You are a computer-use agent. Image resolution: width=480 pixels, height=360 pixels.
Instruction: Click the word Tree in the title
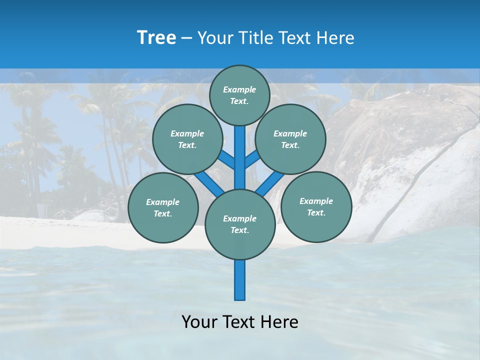point(156,38)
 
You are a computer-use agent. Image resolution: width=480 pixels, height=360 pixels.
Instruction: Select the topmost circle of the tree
point(239,95)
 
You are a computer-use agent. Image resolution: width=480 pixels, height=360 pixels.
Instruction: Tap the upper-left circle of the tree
point(187,139)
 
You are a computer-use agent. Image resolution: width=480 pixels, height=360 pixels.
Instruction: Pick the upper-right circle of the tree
point(290,139)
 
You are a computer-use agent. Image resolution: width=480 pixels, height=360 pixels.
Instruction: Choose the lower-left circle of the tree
point(163,207)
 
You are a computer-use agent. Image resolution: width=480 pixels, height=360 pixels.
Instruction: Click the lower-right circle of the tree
point(316,206)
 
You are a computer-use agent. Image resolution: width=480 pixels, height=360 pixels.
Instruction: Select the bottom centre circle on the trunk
point(240,224)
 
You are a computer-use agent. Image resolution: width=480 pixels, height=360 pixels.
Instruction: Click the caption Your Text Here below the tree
point(240,321)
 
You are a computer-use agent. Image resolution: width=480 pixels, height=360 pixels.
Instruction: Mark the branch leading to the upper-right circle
point(251,159)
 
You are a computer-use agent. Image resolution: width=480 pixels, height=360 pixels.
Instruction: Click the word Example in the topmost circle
point(239,89)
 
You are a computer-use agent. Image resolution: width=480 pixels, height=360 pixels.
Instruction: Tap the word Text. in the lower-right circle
point(316,212)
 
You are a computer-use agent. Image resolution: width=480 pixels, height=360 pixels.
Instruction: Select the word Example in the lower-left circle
point(163,202)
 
